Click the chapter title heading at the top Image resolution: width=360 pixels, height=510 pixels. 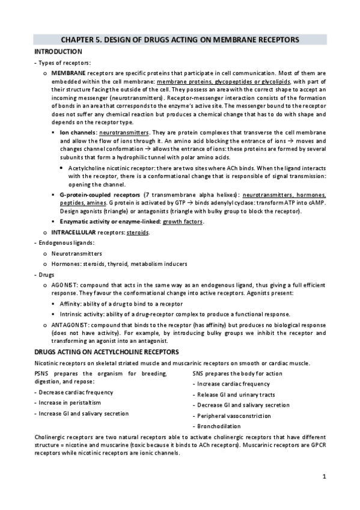(180, 40)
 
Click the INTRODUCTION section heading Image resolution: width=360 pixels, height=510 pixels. (58, 52)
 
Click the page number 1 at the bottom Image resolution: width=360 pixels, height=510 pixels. (323, 478)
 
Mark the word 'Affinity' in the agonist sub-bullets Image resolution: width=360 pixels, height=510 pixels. (72, 304)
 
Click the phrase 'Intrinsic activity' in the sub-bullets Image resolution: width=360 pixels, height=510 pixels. (84, 314)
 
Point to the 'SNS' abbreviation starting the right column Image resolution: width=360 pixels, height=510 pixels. (199, 373)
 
